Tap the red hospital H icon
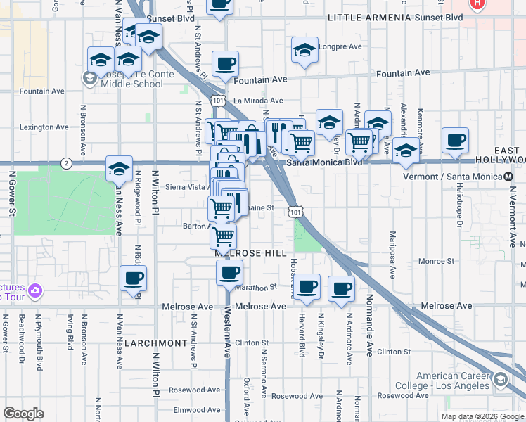478,4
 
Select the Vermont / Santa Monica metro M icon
510,177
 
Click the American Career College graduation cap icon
500,381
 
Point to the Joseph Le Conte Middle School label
131,79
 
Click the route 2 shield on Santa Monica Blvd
65,163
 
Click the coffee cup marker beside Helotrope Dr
455,140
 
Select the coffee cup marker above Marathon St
229,271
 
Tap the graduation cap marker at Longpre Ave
304,50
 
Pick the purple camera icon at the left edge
35,289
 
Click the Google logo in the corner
23,414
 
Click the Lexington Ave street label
45,127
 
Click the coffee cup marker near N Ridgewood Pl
133,278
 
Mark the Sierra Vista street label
185,187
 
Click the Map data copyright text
482,416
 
